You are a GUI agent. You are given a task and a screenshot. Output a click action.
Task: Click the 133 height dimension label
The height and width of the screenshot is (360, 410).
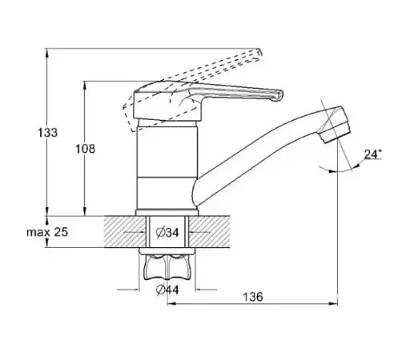click(x=47, y=133)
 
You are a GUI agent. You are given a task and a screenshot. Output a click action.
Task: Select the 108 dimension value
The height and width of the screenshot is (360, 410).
click(x=85, y=149)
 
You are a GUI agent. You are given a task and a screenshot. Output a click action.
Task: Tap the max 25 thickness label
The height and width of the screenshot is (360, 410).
click(x=47, y=232)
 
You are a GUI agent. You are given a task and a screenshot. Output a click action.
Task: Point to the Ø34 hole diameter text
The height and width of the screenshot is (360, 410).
click(x=167, y=233)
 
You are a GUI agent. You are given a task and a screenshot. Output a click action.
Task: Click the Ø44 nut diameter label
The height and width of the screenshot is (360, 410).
click(x=167, y=290)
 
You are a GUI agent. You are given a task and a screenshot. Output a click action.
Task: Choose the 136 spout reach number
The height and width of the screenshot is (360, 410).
click(x=253, y=297)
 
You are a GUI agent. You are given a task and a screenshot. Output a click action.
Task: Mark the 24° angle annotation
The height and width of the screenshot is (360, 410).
click(x=373, y=154)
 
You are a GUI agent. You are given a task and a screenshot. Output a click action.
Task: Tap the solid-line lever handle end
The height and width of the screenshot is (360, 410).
click(x=279, y=96)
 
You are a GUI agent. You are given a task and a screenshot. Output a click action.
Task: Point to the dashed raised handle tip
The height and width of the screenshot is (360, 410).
click(x=259, y=54)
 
